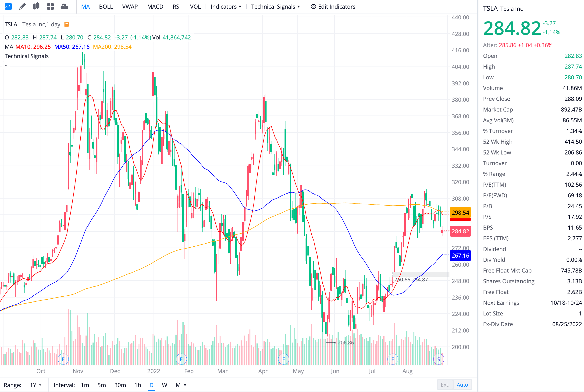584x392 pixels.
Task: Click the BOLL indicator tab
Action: pyautogui.click(x=106, y=7)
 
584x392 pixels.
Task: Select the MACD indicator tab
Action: pyautogui.click(x=155, y=7)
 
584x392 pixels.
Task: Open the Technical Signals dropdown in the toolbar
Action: pyautogui.click(x=275, y=7)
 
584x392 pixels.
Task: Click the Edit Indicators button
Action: pyautogui.click(x=333, y=7)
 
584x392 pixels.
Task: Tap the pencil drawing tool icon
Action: pyautogui.click(x=22, y=7)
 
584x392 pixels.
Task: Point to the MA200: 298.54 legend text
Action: pyautogui.click(x=112, y=47)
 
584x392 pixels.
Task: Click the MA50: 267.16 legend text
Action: pyautogui.click(x=72, y=47)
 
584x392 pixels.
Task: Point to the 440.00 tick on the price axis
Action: pyautogui.click(x=460, y=17)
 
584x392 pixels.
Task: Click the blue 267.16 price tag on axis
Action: pyautogui.click(x=460, y=255)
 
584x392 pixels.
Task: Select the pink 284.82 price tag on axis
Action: pyautogui.click(x=460, y=231)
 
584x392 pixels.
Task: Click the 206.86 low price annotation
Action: pyautogui.click(x=345, y=343)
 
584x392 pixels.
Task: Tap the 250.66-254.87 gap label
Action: pyautogui.click(x=411, y=280)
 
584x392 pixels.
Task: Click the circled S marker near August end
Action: pyautogui.click(x=438, y=359)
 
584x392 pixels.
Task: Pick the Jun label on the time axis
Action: pyautogui.click(x=335, y=371)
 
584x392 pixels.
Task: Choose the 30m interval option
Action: pyautogui.click(x=120, y=385)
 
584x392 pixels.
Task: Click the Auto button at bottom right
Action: pyautogui.click(x=462, y=385)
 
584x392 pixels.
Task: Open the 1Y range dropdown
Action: pyautogui.click(x=36, y=385)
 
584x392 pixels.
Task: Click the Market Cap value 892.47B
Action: pyautogui.click(x=571, y=109)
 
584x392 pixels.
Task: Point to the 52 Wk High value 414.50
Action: pyautogui.click(x=573, y=142)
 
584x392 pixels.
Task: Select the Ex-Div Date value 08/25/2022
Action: pyautogui.click(x=567, y=324)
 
